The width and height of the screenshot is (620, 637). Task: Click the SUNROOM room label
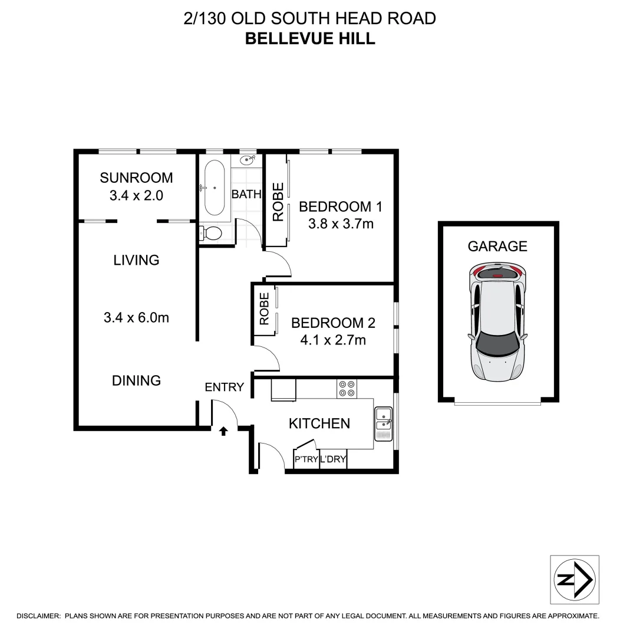coord(136,178)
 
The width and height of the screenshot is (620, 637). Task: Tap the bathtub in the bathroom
coord(214,188)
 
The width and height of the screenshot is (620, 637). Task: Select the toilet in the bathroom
coord(210,234)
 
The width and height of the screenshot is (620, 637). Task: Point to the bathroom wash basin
coord(248,160)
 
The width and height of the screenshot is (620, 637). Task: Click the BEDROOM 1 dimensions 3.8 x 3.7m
coord(341,224)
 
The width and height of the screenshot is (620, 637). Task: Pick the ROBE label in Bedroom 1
coord(278,202)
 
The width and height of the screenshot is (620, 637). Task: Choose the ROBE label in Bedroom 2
coord(264,308)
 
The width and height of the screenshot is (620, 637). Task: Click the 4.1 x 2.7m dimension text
coord(333,340)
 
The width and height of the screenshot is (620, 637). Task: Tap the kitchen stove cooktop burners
coord(346,388)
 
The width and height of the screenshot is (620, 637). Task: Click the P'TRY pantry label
coord(306,460)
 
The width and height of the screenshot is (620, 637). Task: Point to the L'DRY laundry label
coord(333,460)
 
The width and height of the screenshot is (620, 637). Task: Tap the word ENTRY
coord(224,387)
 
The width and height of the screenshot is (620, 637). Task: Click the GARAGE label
coord(497,246)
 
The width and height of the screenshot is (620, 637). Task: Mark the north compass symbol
coord(574,579)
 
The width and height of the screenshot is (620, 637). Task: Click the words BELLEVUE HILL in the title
coord(310,39)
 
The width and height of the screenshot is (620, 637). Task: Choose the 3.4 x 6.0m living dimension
coord(136,317)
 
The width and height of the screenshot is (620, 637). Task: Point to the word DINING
coord(136,380)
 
